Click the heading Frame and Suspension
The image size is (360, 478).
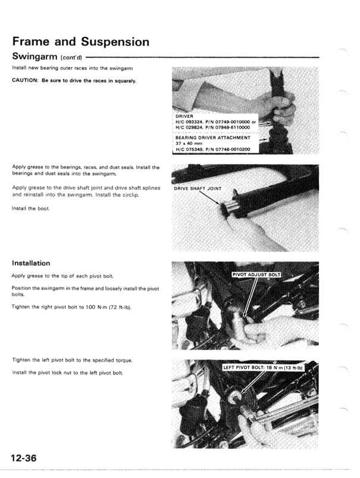click(80, 42)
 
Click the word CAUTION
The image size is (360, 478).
click(25, 80)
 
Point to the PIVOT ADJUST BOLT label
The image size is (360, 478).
click(256, 274)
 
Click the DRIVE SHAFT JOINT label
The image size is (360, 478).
click(198, 189)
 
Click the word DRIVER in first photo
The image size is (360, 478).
click(185, 116)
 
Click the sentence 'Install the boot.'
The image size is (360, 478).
click(29, 208)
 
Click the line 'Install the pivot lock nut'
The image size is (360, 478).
click(67, 372)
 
